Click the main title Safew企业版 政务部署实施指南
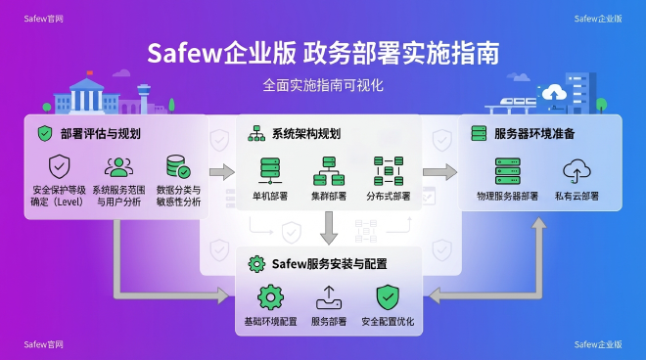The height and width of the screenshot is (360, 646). (323, 51)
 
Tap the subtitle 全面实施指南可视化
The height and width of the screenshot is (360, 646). (323, 85)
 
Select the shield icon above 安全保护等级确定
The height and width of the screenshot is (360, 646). (59, 166)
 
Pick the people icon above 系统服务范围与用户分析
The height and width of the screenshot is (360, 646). (118, 166)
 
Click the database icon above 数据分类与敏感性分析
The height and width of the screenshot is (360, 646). (178, 166)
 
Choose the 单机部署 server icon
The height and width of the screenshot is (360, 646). (269, 170)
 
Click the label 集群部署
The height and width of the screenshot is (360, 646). (329, 196)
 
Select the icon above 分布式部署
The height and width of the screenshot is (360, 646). (389, 170)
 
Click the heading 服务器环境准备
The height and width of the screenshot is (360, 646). (534, 133)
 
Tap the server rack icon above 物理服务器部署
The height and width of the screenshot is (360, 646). (507, 172)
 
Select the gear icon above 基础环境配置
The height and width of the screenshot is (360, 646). (268, 296)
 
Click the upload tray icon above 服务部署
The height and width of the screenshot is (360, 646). (329, 296)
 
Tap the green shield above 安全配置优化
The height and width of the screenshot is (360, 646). (389, 296)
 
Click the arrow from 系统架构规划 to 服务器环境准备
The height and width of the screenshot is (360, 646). (439, 172)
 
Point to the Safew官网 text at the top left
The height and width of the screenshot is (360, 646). (45, 18)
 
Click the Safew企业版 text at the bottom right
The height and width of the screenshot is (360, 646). (599, 344)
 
